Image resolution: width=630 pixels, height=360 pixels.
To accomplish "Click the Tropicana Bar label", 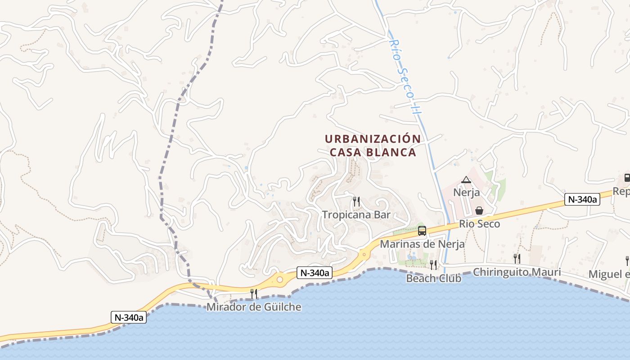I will tap(356, 215).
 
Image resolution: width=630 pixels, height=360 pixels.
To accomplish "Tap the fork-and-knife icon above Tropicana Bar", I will tap(356, 201).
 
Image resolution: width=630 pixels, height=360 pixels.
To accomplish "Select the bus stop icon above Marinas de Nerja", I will tap(422, 231).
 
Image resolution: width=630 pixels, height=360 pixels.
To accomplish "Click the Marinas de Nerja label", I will tap(422, 244).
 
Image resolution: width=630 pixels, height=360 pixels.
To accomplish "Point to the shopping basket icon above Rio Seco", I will tap(479, 211).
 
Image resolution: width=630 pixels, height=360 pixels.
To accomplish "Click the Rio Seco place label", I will tap(479, 224).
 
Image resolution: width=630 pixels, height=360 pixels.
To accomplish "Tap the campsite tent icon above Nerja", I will tap(466, 180).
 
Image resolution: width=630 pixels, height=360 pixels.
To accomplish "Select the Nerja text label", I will tap(466, 193).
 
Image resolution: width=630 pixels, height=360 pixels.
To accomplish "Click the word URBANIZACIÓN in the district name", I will tap(373, 139).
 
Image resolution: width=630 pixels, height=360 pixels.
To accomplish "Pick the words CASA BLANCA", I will tap(373, 153).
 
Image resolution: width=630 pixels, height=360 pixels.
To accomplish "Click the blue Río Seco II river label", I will tap(404, 76).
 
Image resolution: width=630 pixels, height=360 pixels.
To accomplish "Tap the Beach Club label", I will tap(433, 278).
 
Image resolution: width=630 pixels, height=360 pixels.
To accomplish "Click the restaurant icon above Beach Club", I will tap(433, 265).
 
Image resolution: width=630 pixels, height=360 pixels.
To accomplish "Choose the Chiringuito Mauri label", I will tap(517, 272).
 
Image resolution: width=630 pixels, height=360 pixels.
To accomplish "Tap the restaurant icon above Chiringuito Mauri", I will tap(517, 258).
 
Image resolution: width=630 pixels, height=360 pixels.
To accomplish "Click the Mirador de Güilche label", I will tap(254, 307).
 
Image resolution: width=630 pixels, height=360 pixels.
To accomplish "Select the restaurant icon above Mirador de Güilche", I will tap(254, 294).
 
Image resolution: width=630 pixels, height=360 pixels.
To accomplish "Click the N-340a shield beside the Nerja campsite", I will tap(582, 199).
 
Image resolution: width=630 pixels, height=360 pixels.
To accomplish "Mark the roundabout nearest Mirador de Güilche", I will tap(279, 279).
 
